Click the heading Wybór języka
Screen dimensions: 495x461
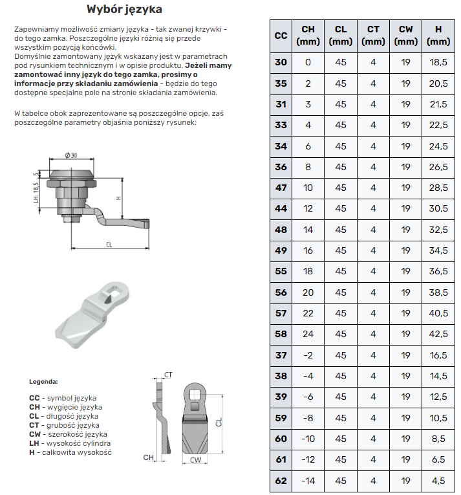coord(124,10)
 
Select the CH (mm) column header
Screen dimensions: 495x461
coord(308,36)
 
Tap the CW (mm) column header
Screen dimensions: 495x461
coord(405,36)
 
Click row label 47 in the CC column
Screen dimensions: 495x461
coord(281,188)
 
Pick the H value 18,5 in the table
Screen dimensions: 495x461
coord(438,63)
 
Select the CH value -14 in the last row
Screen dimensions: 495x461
coord(308,481)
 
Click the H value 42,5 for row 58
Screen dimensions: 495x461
coord(438,335)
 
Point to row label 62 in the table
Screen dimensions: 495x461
coord(281,481)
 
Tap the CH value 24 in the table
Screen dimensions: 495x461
coord(308,335)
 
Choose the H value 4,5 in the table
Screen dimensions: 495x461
coord(438,481)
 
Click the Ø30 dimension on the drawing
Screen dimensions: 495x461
coord(71,155)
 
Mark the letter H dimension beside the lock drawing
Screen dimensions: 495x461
coord(120,198)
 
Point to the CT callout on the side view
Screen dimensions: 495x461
coord(168,375)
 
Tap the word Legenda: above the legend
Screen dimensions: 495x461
coord(44,382)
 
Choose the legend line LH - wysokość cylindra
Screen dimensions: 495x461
coord(70,443)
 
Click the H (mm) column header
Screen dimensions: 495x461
coord(438,36)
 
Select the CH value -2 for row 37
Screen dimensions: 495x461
coord(308,355)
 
